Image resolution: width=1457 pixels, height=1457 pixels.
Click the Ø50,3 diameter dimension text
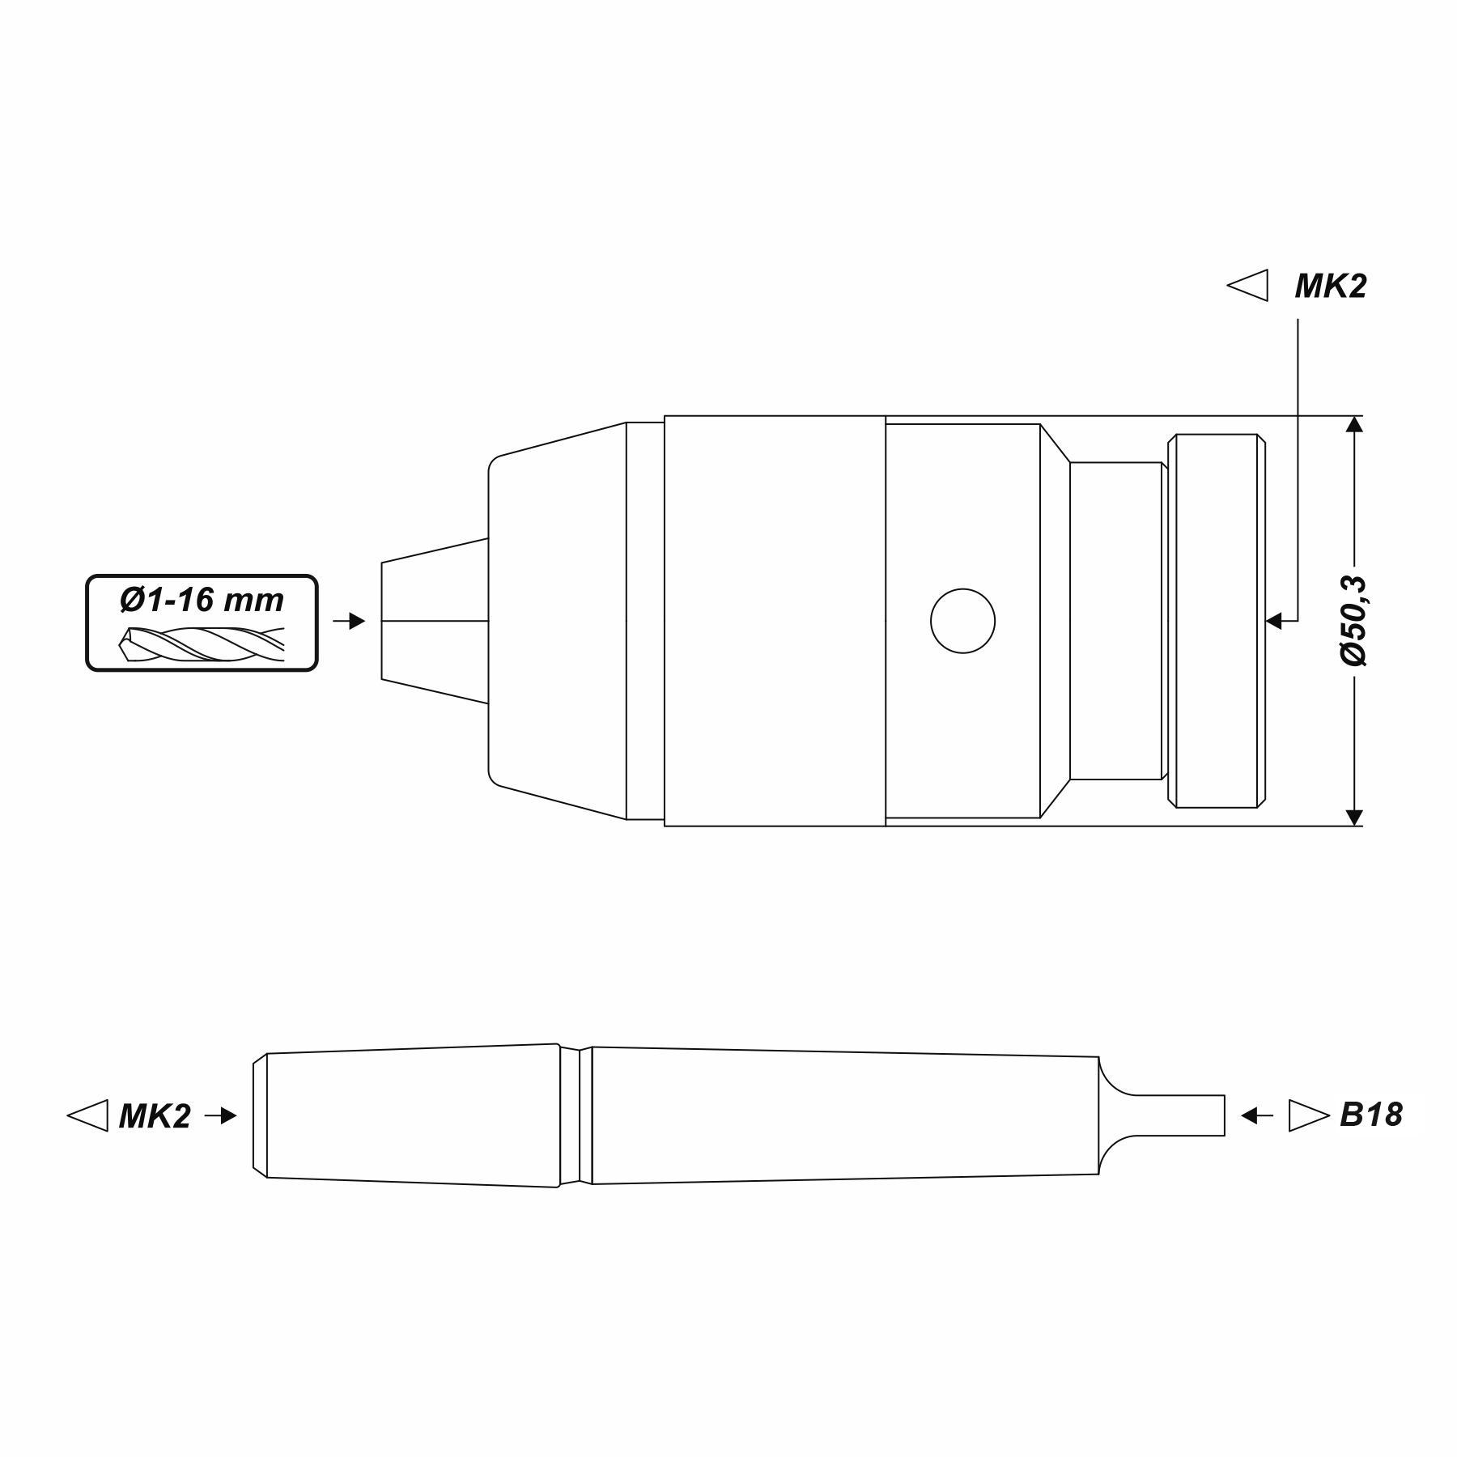[x=1353, y=621]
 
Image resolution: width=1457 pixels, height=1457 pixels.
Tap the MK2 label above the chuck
[x=1331, y=287]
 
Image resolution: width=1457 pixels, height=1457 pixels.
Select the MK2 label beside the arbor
[x=155, y=1116]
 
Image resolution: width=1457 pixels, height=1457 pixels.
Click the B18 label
[x=1371, y=1115]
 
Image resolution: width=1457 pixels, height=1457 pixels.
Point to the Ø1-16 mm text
[x=202, y=600]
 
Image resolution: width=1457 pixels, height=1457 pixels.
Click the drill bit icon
[x=202, y=644]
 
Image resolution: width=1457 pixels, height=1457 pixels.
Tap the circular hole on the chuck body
[x=962, y=621]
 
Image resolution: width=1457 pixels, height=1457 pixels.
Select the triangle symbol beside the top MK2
[x=1247, y=286]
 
